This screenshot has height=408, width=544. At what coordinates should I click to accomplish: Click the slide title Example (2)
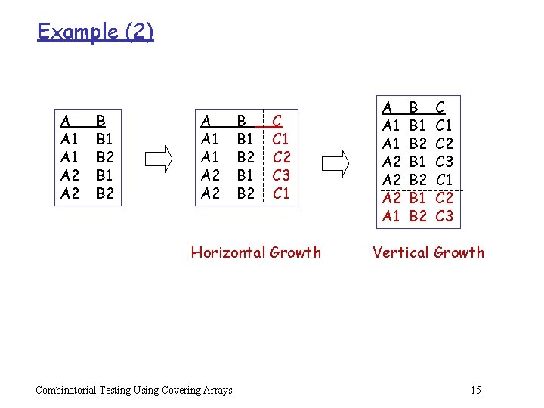(x=95, y=32)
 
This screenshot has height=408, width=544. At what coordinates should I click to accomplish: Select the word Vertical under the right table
(x=400, y=252)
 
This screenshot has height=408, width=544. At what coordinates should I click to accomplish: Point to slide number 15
(x=475, y=390)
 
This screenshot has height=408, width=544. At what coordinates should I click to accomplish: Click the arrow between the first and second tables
(x=159, y=157)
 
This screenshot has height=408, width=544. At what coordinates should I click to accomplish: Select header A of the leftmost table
(x=66, y=120)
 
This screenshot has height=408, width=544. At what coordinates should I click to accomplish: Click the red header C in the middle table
(x=277, y=120)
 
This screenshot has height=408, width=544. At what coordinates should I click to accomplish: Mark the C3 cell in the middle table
(x=281, y=175)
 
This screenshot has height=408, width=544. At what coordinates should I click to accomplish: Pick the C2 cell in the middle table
(x=281, y=157)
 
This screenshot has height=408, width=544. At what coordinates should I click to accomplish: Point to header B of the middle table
(x=241, y=120)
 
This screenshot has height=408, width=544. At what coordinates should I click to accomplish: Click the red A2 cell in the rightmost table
(x=391, y=198)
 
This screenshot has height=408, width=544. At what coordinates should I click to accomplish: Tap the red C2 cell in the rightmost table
(x=444, y=198)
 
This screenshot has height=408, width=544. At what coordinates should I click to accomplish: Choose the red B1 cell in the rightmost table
(x=418, y=198)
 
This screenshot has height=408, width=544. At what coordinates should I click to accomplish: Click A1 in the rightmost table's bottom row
(x=391, y=216)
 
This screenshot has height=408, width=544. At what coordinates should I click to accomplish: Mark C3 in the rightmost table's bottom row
(x=444, y=216)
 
